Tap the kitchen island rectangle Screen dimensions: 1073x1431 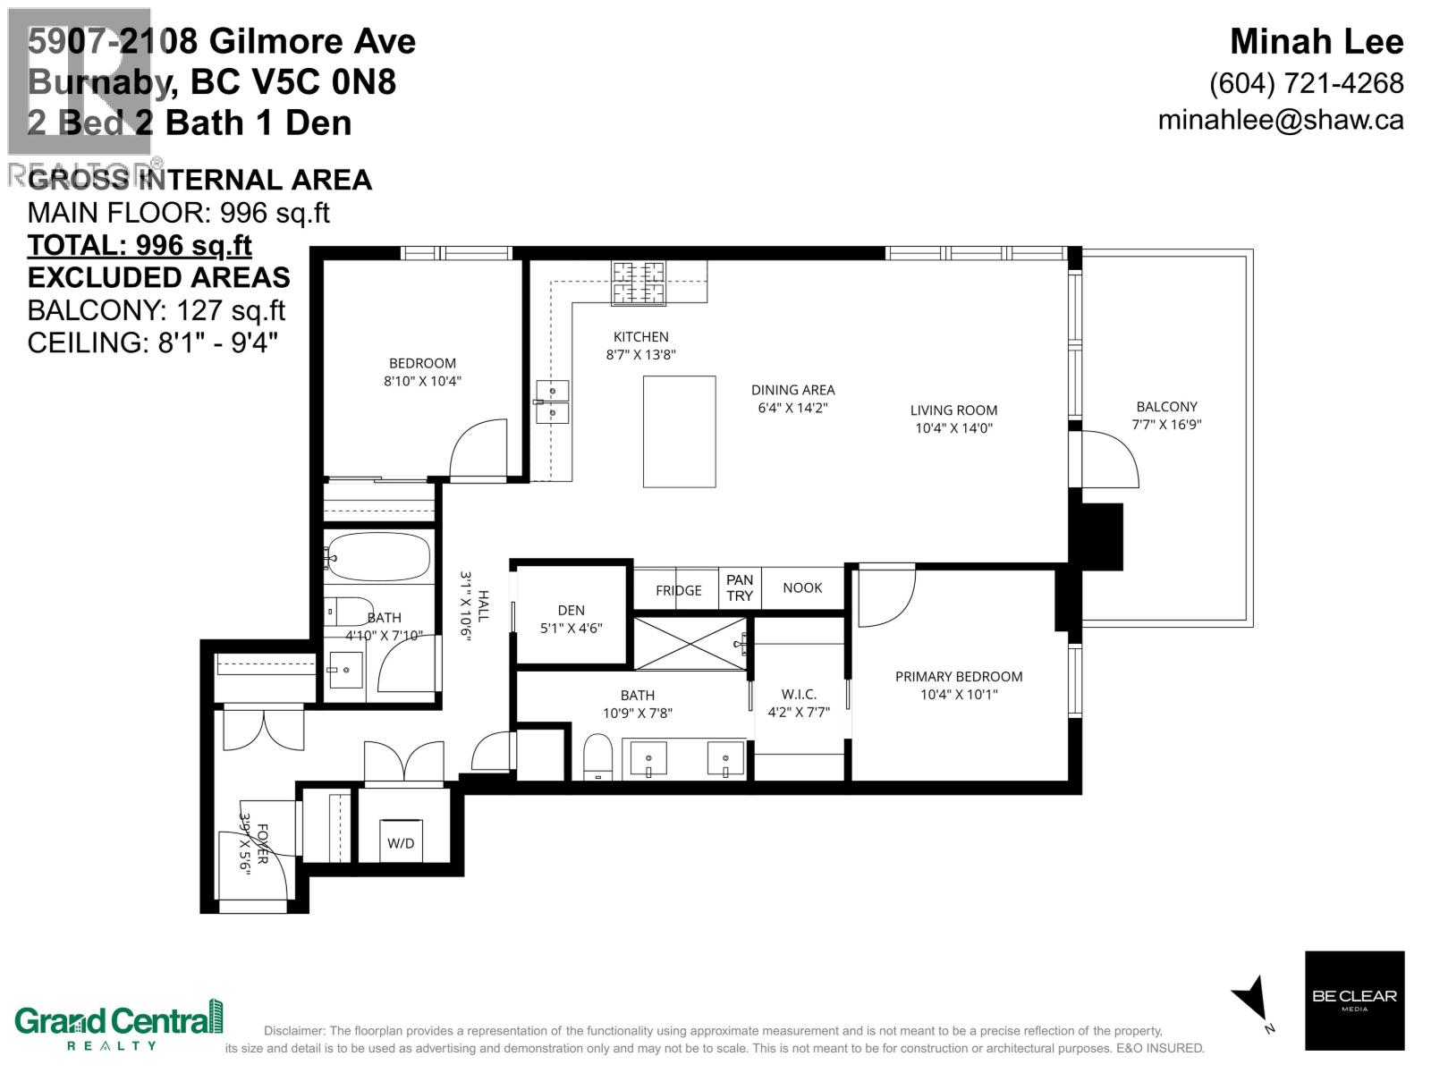[679, 432]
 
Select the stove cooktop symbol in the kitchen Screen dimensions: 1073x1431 [639, 283]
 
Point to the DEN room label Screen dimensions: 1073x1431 [571, 611]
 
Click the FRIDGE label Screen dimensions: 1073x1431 [678, 590]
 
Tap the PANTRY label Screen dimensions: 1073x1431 [740, 587]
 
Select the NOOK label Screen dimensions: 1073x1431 [802, 587]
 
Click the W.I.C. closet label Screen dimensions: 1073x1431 [799, 694]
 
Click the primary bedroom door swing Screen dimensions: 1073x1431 [885, 597]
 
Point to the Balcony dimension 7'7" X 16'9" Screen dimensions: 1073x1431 [1166, 424]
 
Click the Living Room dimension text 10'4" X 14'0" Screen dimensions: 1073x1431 [953, 428]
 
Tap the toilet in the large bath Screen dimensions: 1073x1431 [597, 756]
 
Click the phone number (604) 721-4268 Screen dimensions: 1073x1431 [1306, 83]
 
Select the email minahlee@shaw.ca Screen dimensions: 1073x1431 [1280, 120]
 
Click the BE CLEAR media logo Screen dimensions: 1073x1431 [1354, 1000]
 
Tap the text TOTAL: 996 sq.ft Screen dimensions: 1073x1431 [140, 245]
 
